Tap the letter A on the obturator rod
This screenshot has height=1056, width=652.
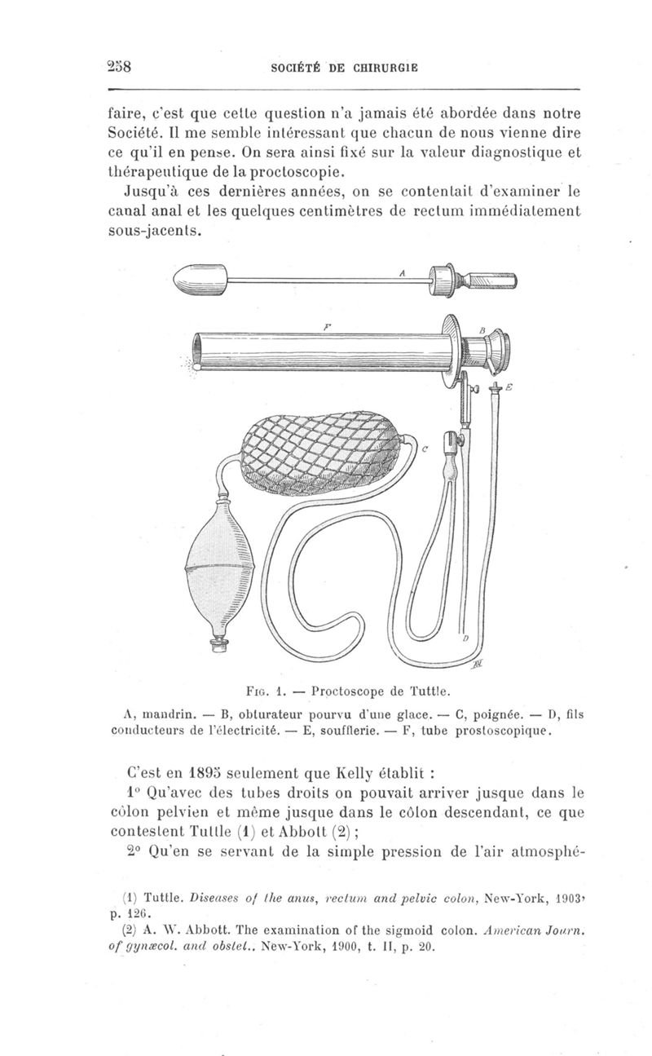[402, 274]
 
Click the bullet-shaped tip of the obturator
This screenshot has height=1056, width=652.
[193, 282]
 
